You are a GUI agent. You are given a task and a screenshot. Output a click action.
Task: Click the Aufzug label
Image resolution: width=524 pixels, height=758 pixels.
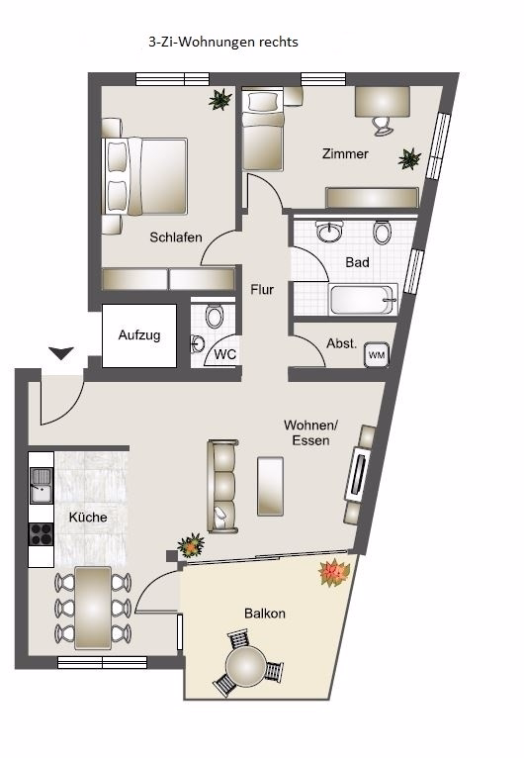point(139,334)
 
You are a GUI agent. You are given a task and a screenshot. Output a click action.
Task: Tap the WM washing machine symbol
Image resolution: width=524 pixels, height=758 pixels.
point(377,355)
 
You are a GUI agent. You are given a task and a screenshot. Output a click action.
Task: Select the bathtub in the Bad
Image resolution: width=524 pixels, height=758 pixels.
point(363,300)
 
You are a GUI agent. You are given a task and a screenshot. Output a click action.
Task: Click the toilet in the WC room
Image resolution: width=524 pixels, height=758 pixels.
point(214,317)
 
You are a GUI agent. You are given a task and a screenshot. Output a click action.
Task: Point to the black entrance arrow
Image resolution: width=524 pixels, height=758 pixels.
point(61,353)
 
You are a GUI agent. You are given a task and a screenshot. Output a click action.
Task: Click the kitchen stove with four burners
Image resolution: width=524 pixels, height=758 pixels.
point(41,534)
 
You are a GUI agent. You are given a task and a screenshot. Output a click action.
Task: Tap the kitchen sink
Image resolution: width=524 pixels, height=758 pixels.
point(42,485)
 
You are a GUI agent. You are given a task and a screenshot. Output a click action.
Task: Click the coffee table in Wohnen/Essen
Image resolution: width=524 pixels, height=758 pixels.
point(271,486)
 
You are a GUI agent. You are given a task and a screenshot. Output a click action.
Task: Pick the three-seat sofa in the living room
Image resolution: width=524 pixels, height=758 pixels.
point(222,486)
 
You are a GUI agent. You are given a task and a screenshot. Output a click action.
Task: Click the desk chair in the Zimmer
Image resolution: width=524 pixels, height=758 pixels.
point(383,126)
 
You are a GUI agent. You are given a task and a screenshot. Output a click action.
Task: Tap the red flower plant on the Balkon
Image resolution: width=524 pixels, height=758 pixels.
point(334,572)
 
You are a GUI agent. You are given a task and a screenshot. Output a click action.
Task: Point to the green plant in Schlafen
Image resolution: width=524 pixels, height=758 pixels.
point(220,99)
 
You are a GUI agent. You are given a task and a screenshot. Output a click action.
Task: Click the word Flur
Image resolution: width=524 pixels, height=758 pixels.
point(262,290)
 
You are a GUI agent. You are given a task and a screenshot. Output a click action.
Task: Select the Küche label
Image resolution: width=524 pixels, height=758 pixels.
point(88,517)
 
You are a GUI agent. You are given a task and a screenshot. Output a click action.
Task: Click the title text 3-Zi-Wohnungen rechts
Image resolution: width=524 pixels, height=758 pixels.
point(223,43)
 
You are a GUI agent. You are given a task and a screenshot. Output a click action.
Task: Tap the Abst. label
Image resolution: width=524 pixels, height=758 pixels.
point(341,343)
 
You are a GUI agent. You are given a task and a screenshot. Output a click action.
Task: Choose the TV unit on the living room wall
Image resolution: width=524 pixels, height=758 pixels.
point(358,474)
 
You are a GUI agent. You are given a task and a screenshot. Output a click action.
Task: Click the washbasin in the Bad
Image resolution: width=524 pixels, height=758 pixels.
point(330,232)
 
